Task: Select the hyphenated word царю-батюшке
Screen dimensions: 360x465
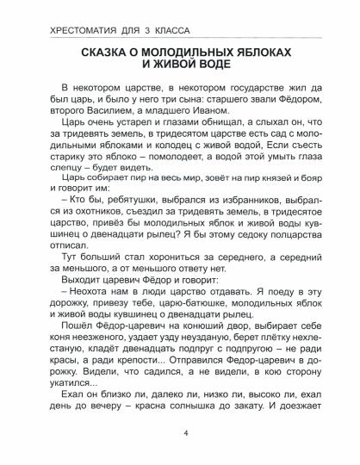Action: tap(192, 329)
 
